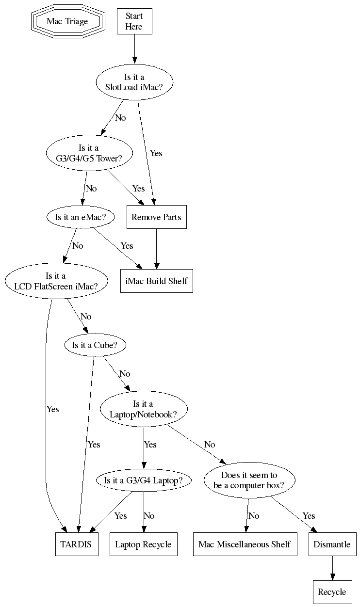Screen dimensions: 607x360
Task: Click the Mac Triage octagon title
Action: point(67,21)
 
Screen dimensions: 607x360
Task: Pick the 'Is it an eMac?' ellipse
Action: point(80,217)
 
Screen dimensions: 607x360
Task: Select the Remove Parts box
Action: point(156,217)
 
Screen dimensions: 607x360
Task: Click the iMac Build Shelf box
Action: point(157,281)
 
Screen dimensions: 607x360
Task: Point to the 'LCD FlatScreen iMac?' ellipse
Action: point(56,281)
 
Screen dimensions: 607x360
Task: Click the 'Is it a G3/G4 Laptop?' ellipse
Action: point(143,480)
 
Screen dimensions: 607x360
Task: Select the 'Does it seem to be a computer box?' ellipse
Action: point(249,480)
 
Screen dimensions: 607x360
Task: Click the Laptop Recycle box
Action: point(143,544)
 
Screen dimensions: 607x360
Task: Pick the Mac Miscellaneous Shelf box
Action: point(245,544)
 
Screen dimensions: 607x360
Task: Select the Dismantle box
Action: point(332,544)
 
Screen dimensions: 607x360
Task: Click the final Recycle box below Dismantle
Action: point(332,592)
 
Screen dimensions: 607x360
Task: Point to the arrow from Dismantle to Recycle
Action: point(332,568)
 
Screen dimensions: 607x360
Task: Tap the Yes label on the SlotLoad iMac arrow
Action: point(156,153)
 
